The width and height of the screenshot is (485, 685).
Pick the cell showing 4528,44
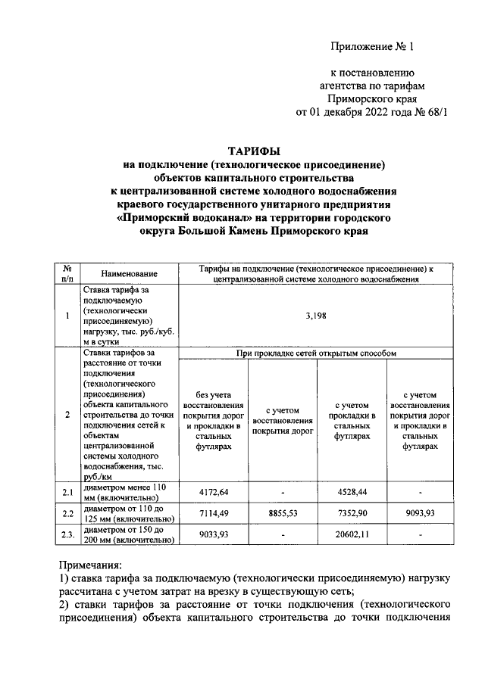(352, 492)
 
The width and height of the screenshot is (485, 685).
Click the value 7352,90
(352, 513)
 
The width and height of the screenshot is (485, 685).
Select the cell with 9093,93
(421, 513)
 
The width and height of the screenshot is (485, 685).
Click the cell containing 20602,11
(352, 534)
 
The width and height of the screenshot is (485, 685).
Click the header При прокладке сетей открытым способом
(316, 353)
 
